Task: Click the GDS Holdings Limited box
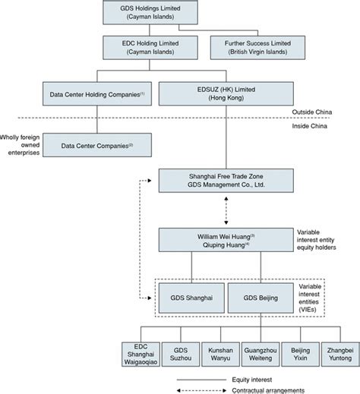[150, 12]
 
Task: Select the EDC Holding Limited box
[150, 48]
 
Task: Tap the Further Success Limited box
[257, 48]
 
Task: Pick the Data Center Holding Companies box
[97, 93]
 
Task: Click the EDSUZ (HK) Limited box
[226, 93]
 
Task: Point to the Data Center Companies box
[97, 145]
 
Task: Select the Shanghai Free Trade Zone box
[226, 181]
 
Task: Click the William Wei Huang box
[226, 240]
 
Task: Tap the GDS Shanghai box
[191, 298]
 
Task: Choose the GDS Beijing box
[261, 298]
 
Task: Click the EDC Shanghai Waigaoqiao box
[141, 355]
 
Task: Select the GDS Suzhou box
[181, 355]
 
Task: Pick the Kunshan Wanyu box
[220, 355]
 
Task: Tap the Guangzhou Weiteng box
[261, 355]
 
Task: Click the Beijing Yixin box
[301, 355]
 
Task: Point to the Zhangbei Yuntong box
[340, 355]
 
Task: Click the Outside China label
[312, 112]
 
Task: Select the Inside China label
[309, 126]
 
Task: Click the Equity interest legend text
[252, 380]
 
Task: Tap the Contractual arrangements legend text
[268, 390]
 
